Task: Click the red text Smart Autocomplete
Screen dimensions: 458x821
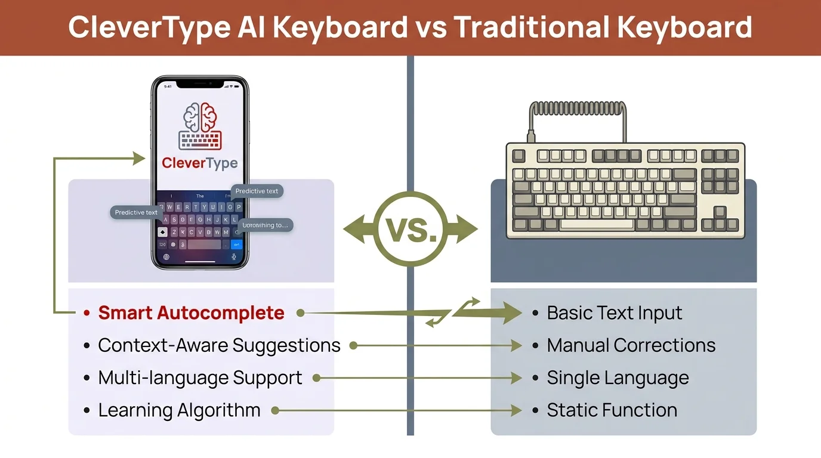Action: click(191, 313)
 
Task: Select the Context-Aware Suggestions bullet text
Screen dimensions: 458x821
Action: click(219, 345)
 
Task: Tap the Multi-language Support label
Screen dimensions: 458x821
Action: click(200, 378)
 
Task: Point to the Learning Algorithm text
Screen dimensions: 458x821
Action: click(179, 410)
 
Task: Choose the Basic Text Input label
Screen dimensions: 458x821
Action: click(615, 313)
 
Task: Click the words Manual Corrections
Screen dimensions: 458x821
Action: click(631, 345)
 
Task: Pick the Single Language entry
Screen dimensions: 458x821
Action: click(618, 378)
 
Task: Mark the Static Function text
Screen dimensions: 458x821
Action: click(612, 410)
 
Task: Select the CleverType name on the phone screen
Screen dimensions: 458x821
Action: click(200, 163)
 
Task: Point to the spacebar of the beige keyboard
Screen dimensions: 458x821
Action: click(597, 225)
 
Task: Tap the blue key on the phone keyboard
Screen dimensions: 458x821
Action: click(237, 245)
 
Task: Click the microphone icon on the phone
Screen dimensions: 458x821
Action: click(233, 257)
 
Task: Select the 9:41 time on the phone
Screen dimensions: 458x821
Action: click(168, 86)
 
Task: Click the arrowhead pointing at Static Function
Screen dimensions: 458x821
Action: click(517, 410)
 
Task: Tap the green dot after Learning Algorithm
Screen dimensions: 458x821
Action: click(275, 410)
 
